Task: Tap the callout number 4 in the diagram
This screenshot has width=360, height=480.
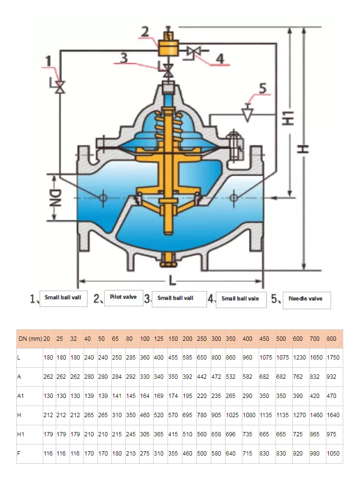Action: click(x=220, y=58)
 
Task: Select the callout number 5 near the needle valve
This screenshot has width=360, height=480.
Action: click(x=262, y=88)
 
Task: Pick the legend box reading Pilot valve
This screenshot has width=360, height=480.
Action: click(x=123, y=297)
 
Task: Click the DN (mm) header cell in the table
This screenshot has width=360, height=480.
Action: click(x=30, y=339)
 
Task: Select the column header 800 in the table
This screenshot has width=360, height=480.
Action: click(x=332, y=339)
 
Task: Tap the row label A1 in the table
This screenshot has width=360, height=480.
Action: click(x=22, y=396)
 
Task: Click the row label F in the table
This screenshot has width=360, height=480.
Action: click(x=20, y=454)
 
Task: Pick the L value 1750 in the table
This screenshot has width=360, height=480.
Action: click(x=333, y=358)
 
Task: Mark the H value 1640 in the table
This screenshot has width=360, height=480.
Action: click(x=333, y=415)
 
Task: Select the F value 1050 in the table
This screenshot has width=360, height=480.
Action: click(x=333, y=454)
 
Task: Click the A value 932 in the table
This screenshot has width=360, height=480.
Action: click(x=332, y=377)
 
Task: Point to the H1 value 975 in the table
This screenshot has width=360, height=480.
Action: click(x=332, y=434)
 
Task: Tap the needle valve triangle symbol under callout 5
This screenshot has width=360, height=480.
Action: click(x=248, y=114)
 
